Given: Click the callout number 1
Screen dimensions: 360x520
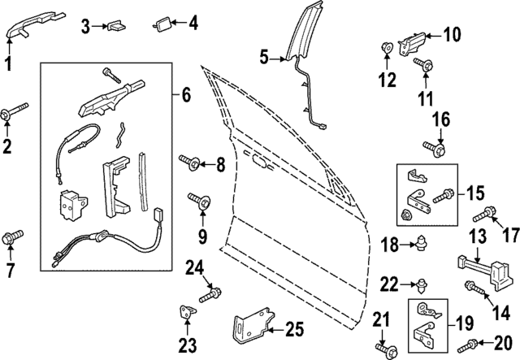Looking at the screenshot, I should [x=8, y=63].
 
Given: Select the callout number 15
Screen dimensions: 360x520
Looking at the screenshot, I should [x=474, y=195].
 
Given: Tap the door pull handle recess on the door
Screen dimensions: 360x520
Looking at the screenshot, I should [x=260, y=161].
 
